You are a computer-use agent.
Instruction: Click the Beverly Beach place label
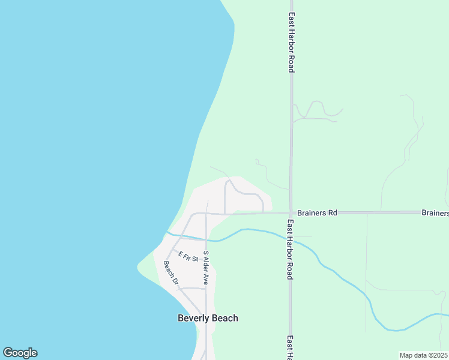tap(208, 318)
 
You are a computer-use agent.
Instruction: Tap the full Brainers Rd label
tap(317, 212)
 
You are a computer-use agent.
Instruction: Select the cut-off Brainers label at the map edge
tap(435, 212)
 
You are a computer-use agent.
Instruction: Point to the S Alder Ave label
tap(205, 267)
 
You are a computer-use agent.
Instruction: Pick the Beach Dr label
tap(171, 272)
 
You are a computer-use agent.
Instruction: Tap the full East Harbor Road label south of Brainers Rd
tap(289, 249)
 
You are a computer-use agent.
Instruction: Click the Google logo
tap(20, 353)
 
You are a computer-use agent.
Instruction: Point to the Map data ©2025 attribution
tap(424, 355)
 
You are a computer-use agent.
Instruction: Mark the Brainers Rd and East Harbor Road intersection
tap(291, 212)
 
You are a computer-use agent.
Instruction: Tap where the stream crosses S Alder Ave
tap(206, 239)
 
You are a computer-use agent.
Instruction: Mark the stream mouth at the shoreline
tap(167, 232)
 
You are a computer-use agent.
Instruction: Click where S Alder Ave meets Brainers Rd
tap(206, 213)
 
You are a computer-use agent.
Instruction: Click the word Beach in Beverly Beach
tap(224, 318)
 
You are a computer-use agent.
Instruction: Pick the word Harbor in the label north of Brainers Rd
tap(291, 43)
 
